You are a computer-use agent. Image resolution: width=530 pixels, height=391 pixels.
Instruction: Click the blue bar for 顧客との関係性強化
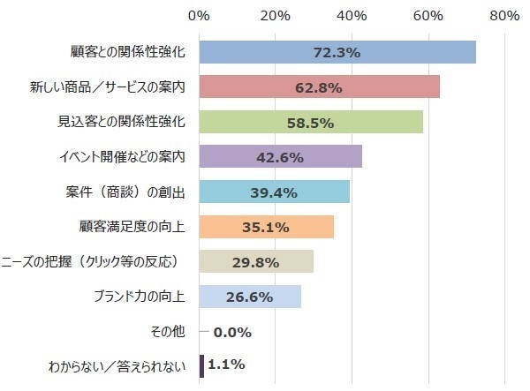265,52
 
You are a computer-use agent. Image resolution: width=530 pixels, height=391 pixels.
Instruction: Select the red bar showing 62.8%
265,86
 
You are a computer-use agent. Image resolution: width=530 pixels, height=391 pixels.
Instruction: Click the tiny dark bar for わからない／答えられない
202,365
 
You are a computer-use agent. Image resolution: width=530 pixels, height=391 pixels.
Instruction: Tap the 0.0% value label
232,332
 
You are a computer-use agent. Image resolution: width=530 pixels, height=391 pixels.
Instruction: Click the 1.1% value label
226,364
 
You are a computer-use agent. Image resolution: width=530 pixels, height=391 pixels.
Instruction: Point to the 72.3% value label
337,52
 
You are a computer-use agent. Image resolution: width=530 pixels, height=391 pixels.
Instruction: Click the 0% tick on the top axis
200,15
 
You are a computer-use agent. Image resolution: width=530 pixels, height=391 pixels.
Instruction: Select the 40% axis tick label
352,15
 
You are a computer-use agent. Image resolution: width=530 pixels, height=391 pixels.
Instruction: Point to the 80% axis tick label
503,15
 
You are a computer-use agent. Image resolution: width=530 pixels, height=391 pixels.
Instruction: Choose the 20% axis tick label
276,15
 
